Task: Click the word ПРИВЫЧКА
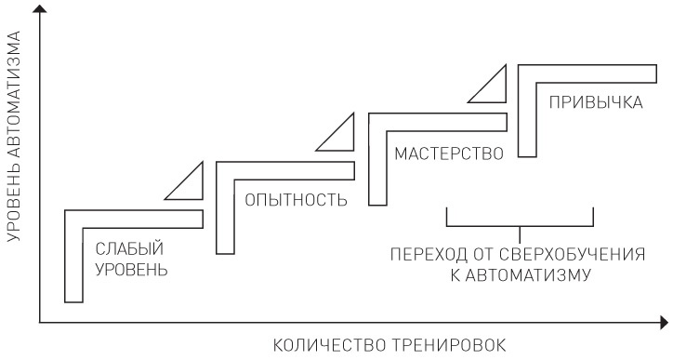pyautogui.click(x=596, y=101)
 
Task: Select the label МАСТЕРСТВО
pyautogui.click(x=448, y=152)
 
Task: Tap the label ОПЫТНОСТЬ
pyautogui.click(x=296, y=200)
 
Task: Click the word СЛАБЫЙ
pyautogui.click(x=129, y=248)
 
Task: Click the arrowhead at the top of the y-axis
pyautogui.click(x=40, y=9)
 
